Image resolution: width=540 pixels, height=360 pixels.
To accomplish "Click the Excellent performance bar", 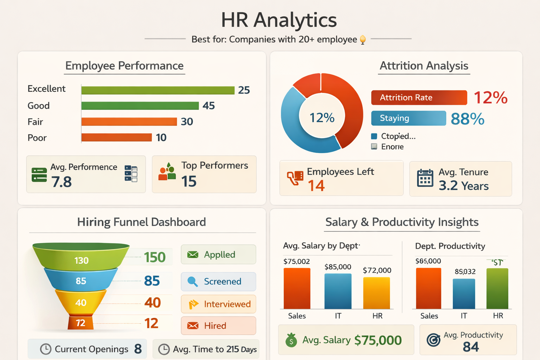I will tap(158, 90).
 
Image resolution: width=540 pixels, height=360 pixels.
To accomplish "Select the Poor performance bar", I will tap(116, 137).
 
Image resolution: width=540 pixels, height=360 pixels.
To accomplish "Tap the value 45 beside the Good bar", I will tap(208, 106).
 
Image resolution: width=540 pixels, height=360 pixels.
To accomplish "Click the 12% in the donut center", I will tap(322, 118).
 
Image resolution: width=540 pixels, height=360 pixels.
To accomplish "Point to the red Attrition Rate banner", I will tap(419, 98).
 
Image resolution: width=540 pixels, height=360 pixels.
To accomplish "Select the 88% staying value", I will tap(467, 119).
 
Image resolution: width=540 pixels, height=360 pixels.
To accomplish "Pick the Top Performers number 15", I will tap(189, 181).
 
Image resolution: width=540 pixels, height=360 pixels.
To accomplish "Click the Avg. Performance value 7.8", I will tap(62, 182).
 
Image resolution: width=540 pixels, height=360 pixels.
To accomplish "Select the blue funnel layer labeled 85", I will tap(81, 281).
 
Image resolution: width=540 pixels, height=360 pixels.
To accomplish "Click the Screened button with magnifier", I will tap(218, 282).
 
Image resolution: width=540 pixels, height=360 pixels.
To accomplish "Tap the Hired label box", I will tap(218, 326).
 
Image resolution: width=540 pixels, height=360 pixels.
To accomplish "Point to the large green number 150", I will tap(155, 257).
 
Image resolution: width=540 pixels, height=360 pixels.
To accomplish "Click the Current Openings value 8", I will tap(138, 349).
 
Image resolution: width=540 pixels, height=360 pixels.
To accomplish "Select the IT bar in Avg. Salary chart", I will tap(338, 291).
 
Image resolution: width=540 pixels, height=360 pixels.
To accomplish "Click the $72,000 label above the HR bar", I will tap(377, 270).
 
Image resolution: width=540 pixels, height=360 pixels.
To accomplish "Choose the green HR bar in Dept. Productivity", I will tap(497, 288).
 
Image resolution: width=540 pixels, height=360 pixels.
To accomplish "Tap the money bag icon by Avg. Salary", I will tap(291, 340).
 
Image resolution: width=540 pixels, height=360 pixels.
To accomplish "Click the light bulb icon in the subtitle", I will tap(363, 40).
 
